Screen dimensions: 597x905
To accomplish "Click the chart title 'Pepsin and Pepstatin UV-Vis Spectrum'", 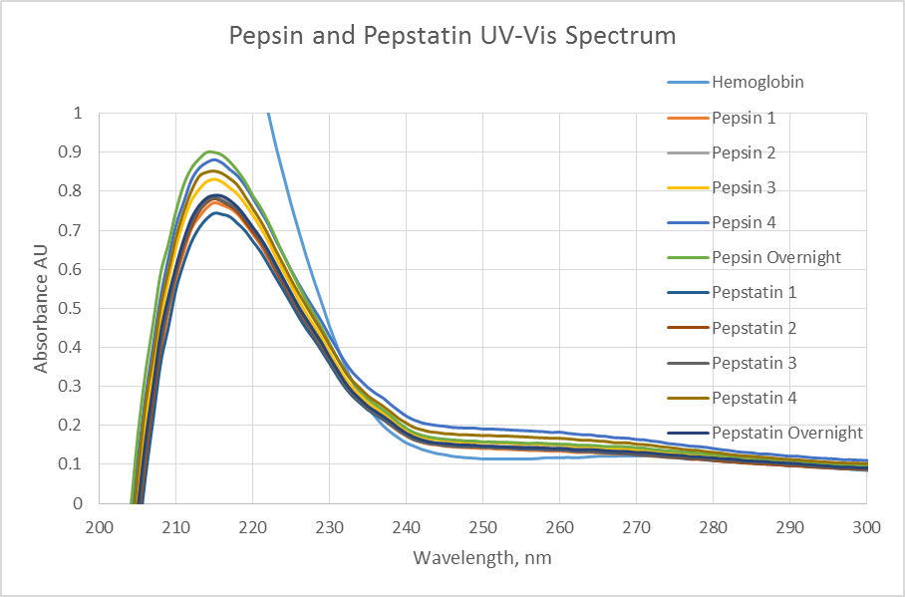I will (x=452, y=36).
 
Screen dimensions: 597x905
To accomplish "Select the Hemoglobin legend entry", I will (x=757, y=83).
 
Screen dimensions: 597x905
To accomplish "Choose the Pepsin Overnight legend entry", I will (x=776, y=257).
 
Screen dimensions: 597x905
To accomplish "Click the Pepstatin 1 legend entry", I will (x=754, y=293).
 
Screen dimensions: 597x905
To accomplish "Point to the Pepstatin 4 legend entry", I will (x=754, y=398).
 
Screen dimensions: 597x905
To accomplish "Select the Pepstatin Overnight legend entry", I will (x=787, y=433).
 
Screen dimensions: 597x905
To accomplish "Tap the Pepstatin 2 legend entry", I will (x=754, y=328).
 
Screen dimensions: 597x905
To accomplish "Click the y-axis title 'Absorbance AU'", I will (x=41, y=308).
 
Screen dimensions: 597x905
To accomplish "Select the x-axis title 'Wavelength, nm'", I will (x=482, y=557).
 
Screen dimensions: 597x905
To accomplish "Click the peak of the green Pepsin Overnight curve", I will (x=209, y=151).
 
